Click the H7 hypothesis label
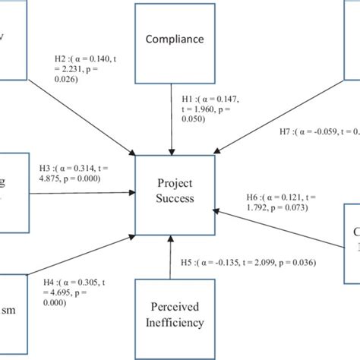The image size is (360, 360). point(317,131)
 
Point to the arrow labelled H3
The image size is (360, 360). point(84,194)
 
